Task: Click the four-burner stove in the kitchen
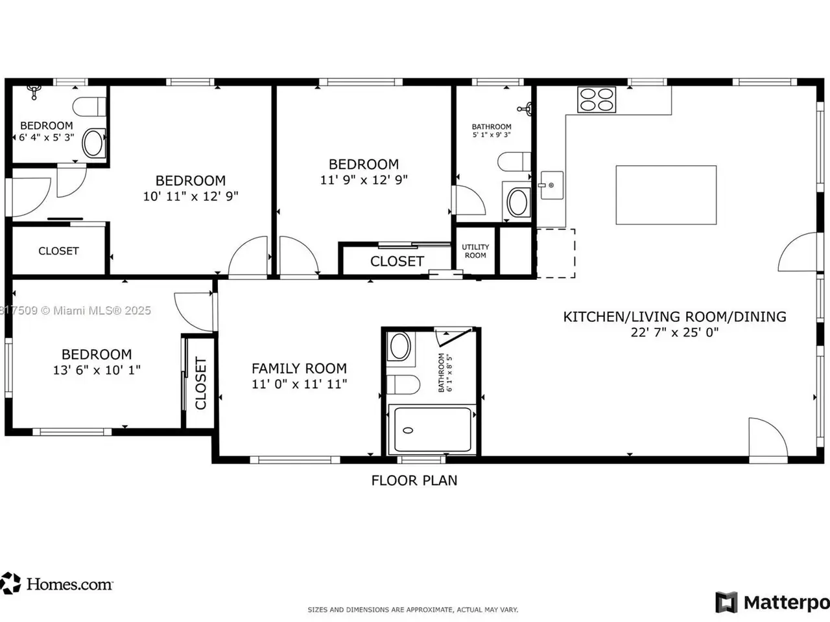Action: click(597, 100)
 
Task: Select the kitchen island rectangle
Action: click(666, 195)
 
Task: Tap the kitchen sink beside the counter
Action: click(552, 185)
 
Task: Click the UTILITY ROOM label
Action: click(475, 251)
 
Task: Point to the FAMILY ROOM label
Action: click(299, 368)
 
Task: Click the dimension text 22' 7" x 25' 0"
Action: click(674, 332)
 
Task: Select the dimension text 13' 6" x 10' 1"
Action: click(97, 370)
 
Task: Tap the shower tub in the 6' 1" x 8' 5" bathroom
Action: click(433, 429)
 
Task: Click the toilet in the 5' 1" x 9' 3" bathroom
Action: click(514, 161)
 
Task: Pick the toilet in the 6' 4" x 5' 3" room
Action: click(89, 107)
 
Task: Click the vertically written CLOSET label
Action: click(201, 383)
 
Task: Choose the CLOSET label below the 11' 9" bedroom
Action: click(397, 261)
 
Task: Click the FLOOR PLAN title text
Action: click(414, 480)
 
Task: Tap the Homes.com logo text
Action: click(69, 584)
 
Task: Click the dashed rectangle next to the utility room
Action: click(556, 253)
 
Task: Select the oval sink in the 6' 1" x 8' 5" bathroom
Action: click(399, 346)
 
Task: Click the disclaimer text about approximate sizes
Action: click(413, 610)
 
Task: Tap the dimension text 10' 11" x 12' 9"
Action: click(191, 196)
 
